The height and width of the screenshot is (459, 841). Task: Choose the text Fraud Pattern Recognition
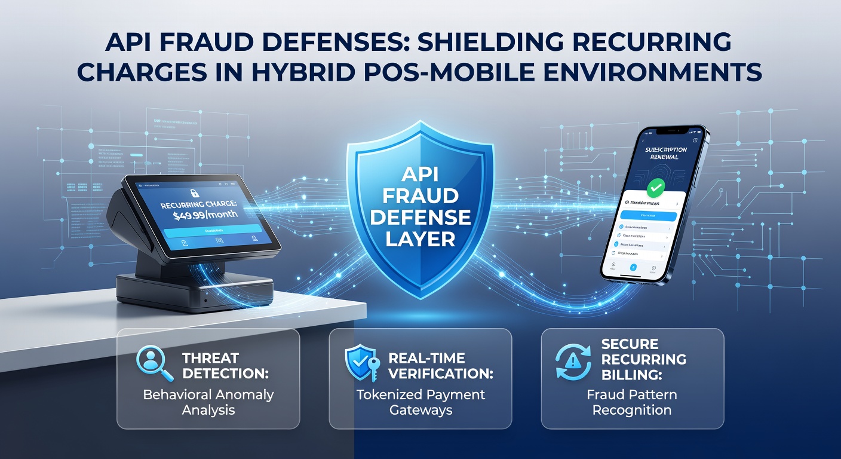tap(632, 402)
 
